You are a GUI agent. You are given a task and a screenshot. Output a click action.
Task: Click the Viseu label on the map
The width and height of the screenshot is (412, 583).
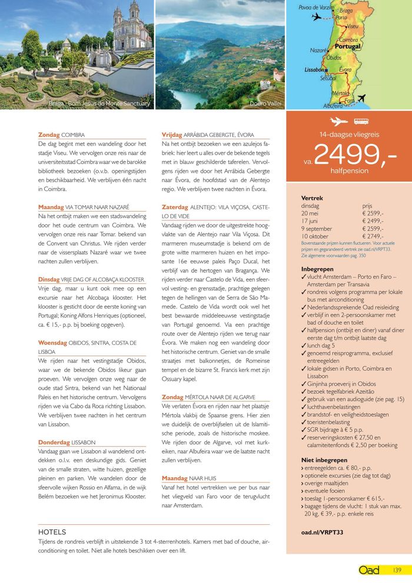[353, 26]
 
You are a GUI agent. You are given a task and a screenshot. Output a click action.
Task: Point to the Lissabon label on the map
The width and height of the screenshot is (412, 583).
[314, 69]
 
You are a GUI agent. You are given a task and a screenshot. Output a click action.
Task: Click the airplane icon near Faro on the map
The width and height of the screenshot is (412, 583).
[361, 98]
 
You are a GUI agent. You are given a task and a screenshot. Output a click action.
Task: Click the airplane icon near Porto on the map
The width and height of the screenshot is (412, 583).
[317, 16]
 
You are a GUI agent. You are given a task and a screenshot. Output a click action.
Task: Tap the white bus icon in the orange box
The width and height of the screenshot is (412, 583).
[360, 122]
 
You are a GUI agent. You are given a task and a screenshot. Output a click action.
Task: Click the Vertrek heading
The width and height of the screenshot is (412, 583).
[312, 199]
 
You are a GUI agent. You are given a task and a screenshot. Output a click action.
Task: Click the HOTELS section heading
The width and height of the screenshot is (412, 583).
[52, 532]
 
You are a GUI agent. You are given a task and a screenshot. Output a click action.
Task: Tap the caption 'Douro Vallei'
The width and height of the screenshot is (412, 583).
[265, 103]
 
